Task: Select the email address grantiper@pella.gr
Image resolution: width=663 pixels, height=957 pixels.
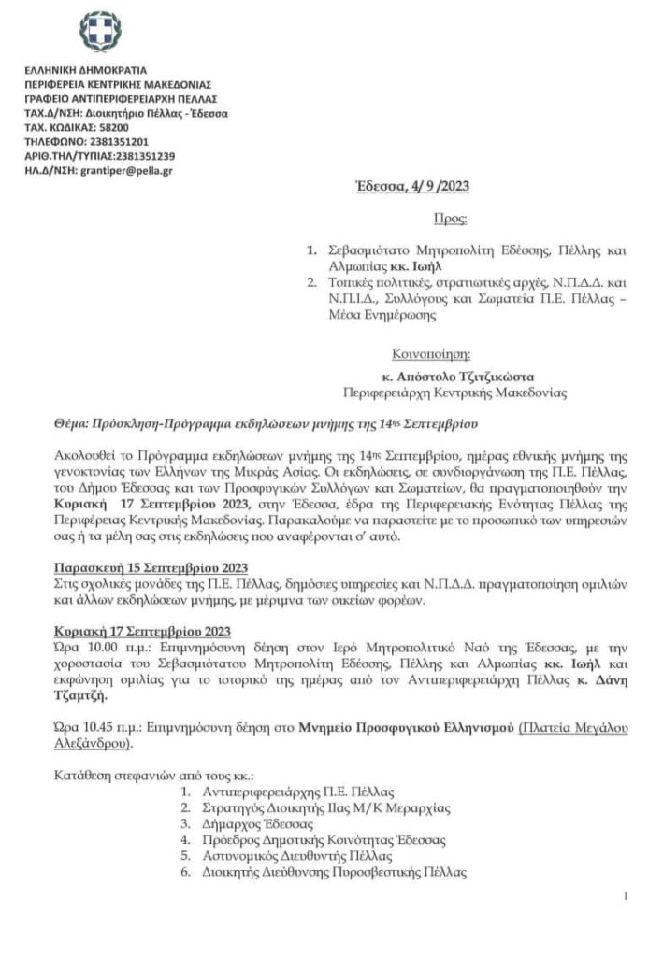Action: click(x=125, y=171)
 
